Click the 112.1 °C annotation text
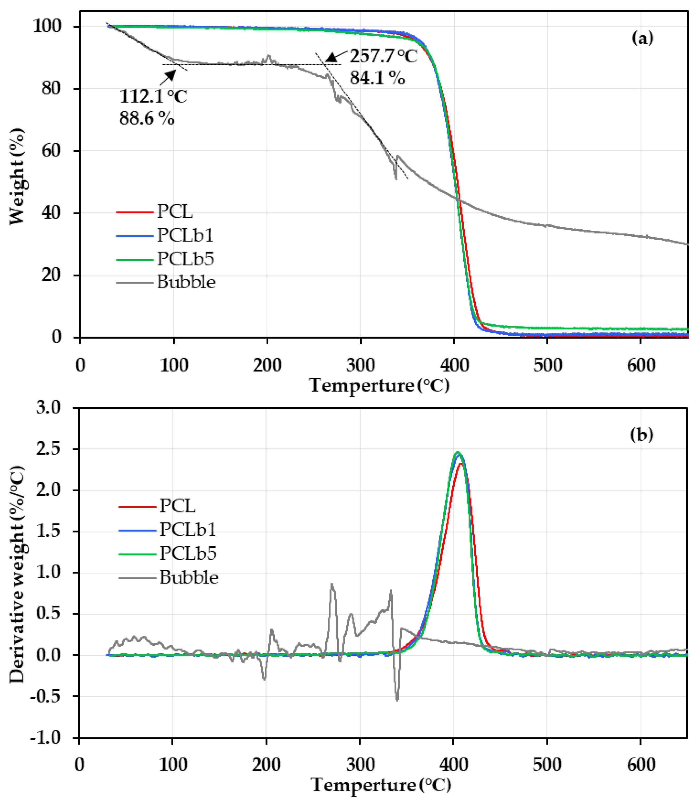(x=153, y=96)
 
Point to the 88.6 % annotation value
(x=147, y=118)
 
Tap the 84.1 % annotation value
(x=377, y=78)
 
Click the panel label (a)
(x=642, y=38)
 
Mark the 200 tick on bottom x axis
(x=266, y=765)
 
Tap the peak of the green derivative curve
(x=457, y=452)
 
